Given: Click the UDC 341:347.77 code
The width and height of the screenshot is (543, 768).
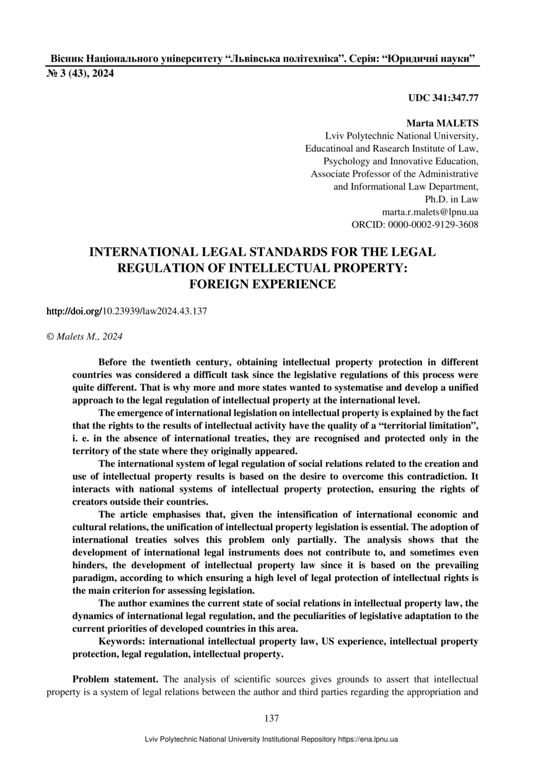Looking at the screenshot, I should (443, 98).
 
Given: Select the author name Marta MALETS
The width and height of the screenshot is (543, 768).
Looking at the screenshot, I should (442, 123).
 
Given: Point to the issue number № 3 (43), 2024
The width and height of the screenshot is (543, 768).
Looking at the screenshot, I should (81, 74).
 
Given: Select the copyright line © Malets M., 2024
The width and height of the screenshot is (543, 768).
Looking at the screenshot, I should (85, 336).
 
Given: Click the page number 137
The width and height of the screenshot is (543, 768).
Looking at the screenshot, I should (271, 718).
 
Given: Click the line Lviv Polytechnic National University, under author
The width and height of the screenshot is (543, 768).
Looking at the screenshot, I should (402, 136).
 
